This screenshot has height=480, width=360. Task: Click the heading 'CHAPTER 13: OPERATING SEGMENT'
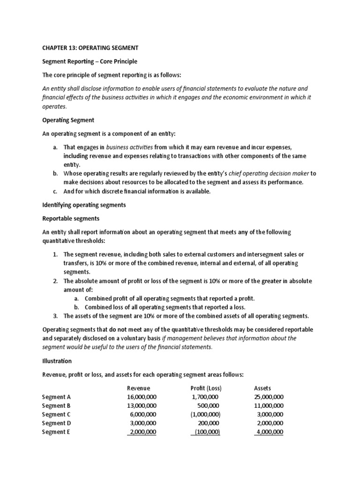(x=90, y=48)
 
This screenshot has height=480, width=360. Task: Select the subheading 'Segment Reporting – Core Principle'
(x=90, y=62)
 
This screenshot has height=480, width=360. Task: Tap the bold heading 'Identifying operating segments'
(x=84, y=205)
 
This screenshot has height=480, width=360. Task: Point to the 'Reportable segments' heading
(x=70, y=218)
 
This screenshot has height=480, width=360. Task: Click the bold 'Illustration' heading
(x=57, y=361)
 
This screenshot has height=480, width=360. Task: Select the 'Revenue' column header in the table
(x=138, y=388)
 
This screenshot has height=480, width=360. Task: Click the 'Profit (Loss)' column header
(x=206, y=388)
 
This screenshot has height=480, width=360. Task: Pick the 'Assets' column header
(x=262, y=388)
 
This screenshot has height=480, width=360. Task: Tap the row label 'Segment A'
(x=56, y=397)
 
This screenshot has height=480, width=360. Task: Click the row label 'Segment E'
(x=56, y=432)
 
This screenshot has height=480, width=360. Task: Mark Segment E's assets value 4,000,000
(x=269, y=432)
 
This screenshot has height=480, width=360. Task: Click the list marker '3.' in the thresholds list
(x=55, y=315)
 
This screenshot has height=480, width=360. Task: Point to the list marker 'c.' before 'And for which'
(x=55, y=191)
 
